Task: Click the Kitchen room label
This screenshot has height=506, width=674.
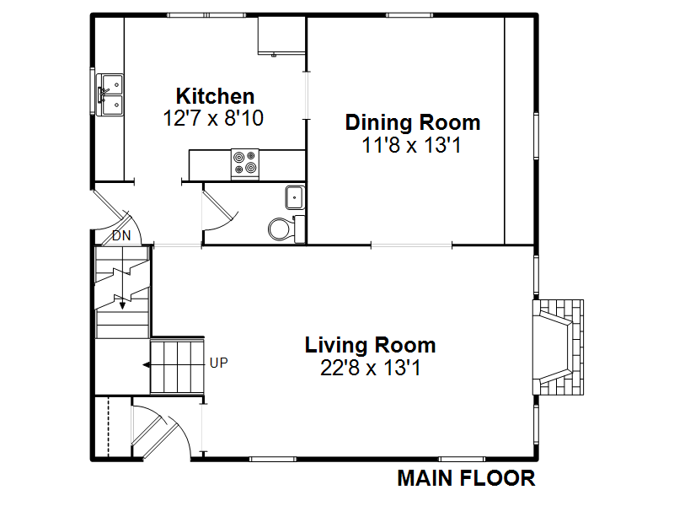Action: (x=215, y=96)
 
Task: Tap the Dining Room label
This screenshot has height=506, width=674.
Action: (x=413, y=122)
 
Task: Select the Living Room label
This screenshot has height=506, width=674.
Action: (x=370, y=345)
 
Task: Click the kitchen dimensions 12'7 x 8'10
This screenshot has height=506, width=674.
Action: (x=213, y=118)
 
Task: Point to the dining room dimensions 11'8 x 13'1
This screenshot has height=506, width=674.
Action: (x=411, y=145)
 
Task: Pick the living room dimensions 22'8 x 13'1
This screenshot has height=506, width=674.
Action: (x=370, y=368)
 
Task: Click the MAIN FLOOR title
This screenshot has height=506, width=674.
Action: (x=467, y=478)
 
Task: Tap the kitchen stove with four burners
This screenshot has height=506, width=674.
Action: (x=245, y=164)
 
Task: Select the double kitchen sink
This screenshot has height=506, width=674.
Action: (x=110, y=94)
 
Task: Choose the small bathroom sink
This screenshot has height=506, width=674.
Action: (x=295, y=197)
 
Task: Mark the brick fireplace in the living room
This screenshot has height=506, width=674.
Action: (x=558, y=347)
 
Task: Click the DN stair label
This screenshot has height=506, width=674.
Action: (x=121, y=236)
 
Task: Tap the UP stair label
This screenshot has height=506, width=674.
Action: (x=219, y=363)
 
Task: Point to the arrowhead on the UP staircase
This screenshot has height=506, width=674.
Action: (x=146, y=365)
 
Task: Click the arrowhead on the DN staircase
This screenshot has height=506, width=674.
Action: (x=122, y=305)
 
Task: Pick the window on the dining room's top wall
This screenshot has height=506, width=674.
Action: (x=409, y=15)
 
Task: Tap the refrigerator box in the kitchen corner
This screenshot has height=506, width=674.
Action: (x=281, y=35)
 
